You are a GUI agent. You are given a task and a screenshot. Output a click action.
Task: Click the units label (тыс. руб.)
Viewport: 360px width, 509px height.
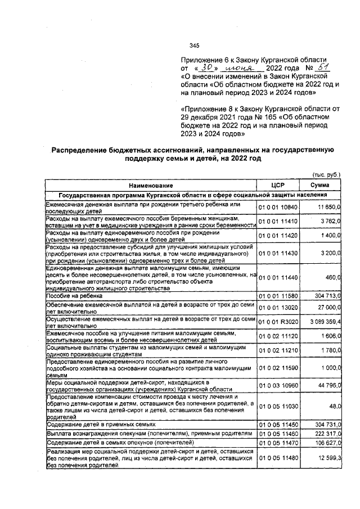pyautogui.click(x=326, y=175)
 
